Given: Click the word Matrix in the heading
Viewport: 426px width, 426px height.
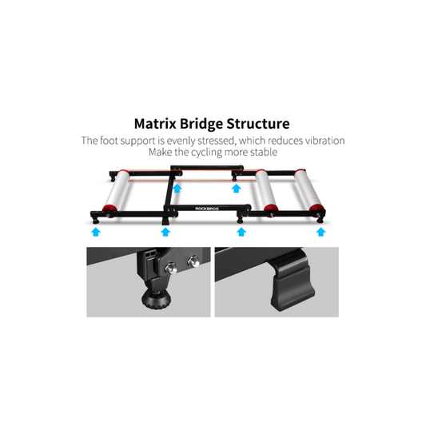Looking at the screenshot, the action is pos(155,124).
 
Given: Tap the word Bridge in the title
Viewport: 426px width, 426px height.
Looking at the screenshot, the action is pos(201,124).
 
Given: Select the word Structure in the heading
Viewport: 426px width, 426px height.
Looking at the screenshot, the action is pos(258,124).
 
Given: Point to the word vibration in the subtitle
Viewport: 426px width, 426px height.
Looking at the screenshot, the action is pos(325,141).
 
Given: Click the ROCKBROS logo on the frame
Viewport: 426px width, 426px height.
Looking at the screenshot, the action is pos(207,209).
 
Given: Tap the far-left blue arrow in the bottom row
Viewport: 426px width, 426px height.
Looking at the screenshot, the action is pos(96,232).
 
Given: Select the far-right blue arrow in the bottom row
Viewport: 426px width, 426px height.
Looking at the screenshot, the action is pos(320,232).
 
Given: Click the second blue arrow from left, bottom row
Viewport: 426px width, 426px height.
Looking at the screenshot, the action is pos(165,232).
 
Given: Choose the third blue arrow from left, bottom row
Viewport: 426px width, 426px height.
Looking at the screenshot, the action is pos(241,232).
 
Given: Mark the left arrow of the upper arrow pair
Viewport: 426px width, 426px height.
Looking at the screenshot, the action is pos(177,189).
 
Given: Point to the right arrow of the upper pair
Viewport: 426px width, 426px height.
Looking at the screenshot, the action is pos(237,189).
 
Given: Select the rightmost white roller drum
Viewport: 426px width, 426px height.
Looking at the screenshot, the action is pos(310,190).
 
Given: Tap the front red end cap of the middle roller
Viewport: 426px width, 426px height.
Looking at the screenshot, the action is pos(271,209).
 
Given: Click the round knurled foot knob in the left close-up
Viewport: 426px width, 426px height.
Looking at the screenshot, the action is pos(156,300).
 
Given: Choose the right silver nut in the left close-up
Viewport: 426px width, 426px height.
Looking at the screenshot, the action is pos(193,261).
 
